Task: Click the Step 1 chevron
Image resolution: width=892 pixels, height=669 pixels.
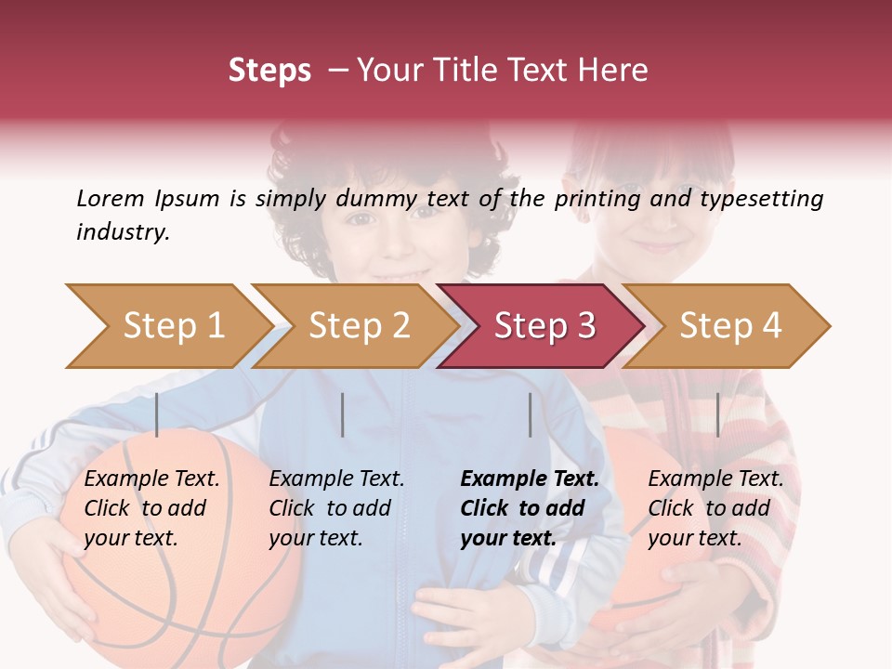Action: click(x=172, y=326)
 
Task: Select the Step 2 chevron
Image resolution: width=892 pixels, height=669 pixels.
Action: click(x=358, y=326)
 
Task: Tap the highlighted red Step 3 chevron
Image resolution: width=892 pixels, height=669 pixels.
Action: click(x=544, y=326)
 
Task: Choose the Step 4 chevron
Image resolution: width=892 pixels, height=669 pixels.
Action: click(x=729, y=326)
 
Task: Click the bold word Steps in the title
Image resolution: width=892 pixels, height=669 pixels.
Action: click(x=269, y=70)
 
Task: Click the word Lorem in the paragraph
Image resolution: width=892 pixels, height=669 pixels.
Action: click(x=110, y=198)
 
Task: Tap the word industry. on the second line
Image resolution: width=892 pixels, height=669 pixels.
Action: click(x=123, y=231)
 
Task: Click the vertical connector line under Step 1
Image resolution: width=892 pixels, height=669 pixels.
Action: click(x=157, y=414)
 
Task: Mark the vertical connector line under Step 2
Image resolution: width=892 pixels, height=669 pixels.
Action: click(x=343, y=414)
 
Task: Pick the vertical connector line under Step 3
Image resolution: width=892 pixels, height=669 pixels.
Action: click(x=530, y=414)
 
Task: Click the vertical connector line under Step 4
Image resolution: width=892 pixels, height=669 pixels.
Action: click(x=717, y=414)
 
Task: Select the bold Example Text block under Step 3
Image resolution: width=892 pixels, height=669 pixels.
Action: click(x=529, y=508)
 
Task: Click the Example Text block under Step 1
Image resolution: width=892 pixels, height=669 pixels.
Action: click(x=151, y=508)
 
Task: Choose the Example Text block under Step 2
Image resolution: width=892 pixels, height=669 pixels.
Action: click(x=336, y=508)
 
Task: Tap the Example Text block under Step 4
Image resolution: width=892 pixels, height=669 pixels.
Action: click(x=715, y=508)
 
